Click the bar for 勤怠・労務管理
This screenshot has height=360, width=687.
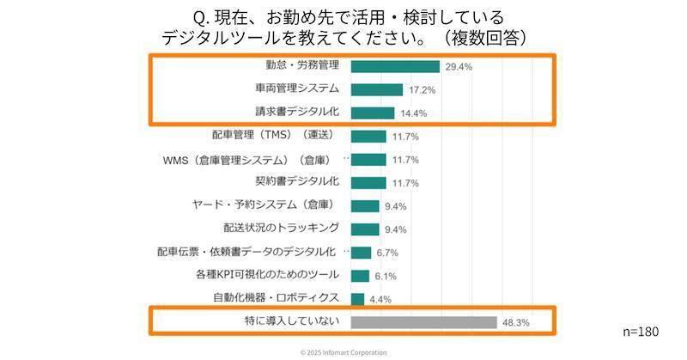(x=395, y=66)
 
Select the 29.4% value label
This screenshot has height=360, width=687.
(x=457, y=66)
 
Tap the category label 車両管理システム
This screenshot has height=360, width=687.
(x=297, y=88)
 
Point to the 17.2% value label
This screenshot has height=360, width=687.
(x=420, y=89)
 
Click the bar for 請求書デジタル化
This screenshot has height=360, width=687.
(x=374, y=113)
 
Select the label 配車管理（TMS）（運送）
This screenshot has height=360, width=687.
(x=272, y=135)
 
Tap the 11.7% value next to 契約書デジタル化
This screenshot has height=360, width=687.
(x=404, y=183)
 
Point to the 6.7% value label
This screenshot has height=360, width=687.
(x=389, y=253)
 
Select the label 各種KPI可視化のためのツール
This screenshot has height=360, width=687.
(x=268, y=275)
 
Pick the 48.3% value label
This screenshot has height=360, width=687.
(x=516, y=323)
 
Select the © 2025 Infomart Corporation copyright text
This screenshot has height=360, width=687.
(x=343, y=352)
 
